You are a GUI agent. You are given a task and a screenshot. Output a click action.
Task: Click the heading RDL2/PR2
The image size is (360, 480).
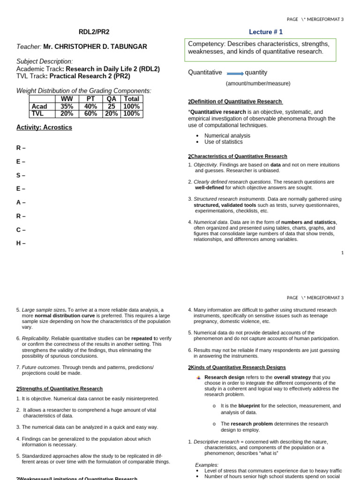pos(94,32)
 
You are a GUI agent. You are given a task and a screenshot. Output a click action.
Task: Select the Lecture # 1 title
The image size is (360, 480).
pos(265,32)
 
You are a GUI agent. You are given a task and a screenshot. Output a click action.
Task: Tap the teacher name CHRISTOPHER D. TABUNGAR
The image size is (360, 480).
pos(95,47)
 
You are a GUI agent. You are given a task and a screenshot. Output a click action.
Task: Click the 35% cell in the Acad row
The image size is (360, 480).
pos(67,106)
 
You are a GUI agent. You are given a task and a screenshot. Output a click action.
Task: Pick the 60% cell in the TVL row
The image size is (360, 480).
pos(90,113)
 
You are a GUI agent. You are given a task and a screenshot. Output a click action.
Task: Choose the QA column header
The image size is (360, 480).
pos(112,99)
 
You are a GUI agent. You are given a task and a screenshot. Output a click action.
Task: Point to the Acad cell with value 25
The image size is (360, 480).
pos(112,106)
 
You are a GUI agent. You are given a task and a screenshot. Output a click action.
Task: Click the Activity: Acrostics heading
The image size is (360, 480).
pos(44,127)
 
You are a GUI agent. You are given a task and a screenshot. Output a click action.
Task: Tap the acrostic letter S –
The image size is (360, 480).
pos(21,175)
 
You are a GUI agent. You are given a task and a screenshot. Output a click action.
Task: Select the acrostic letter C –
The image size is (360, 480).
pos(21,230)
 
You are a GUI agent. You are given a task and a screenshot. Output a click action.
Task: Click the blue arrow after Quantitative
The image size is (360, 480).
pos(235,74)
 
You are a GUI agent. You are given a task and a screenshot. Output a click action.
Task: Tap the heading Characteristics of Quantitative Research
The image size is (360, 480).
pos(239,156)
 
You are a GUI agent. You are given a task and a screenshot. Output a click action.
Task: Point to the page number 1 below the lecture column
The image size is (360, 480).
pos(342,253)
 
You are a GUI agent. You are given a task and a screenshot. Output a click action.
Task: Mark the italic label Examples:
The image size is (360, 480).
pos(206,465)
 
